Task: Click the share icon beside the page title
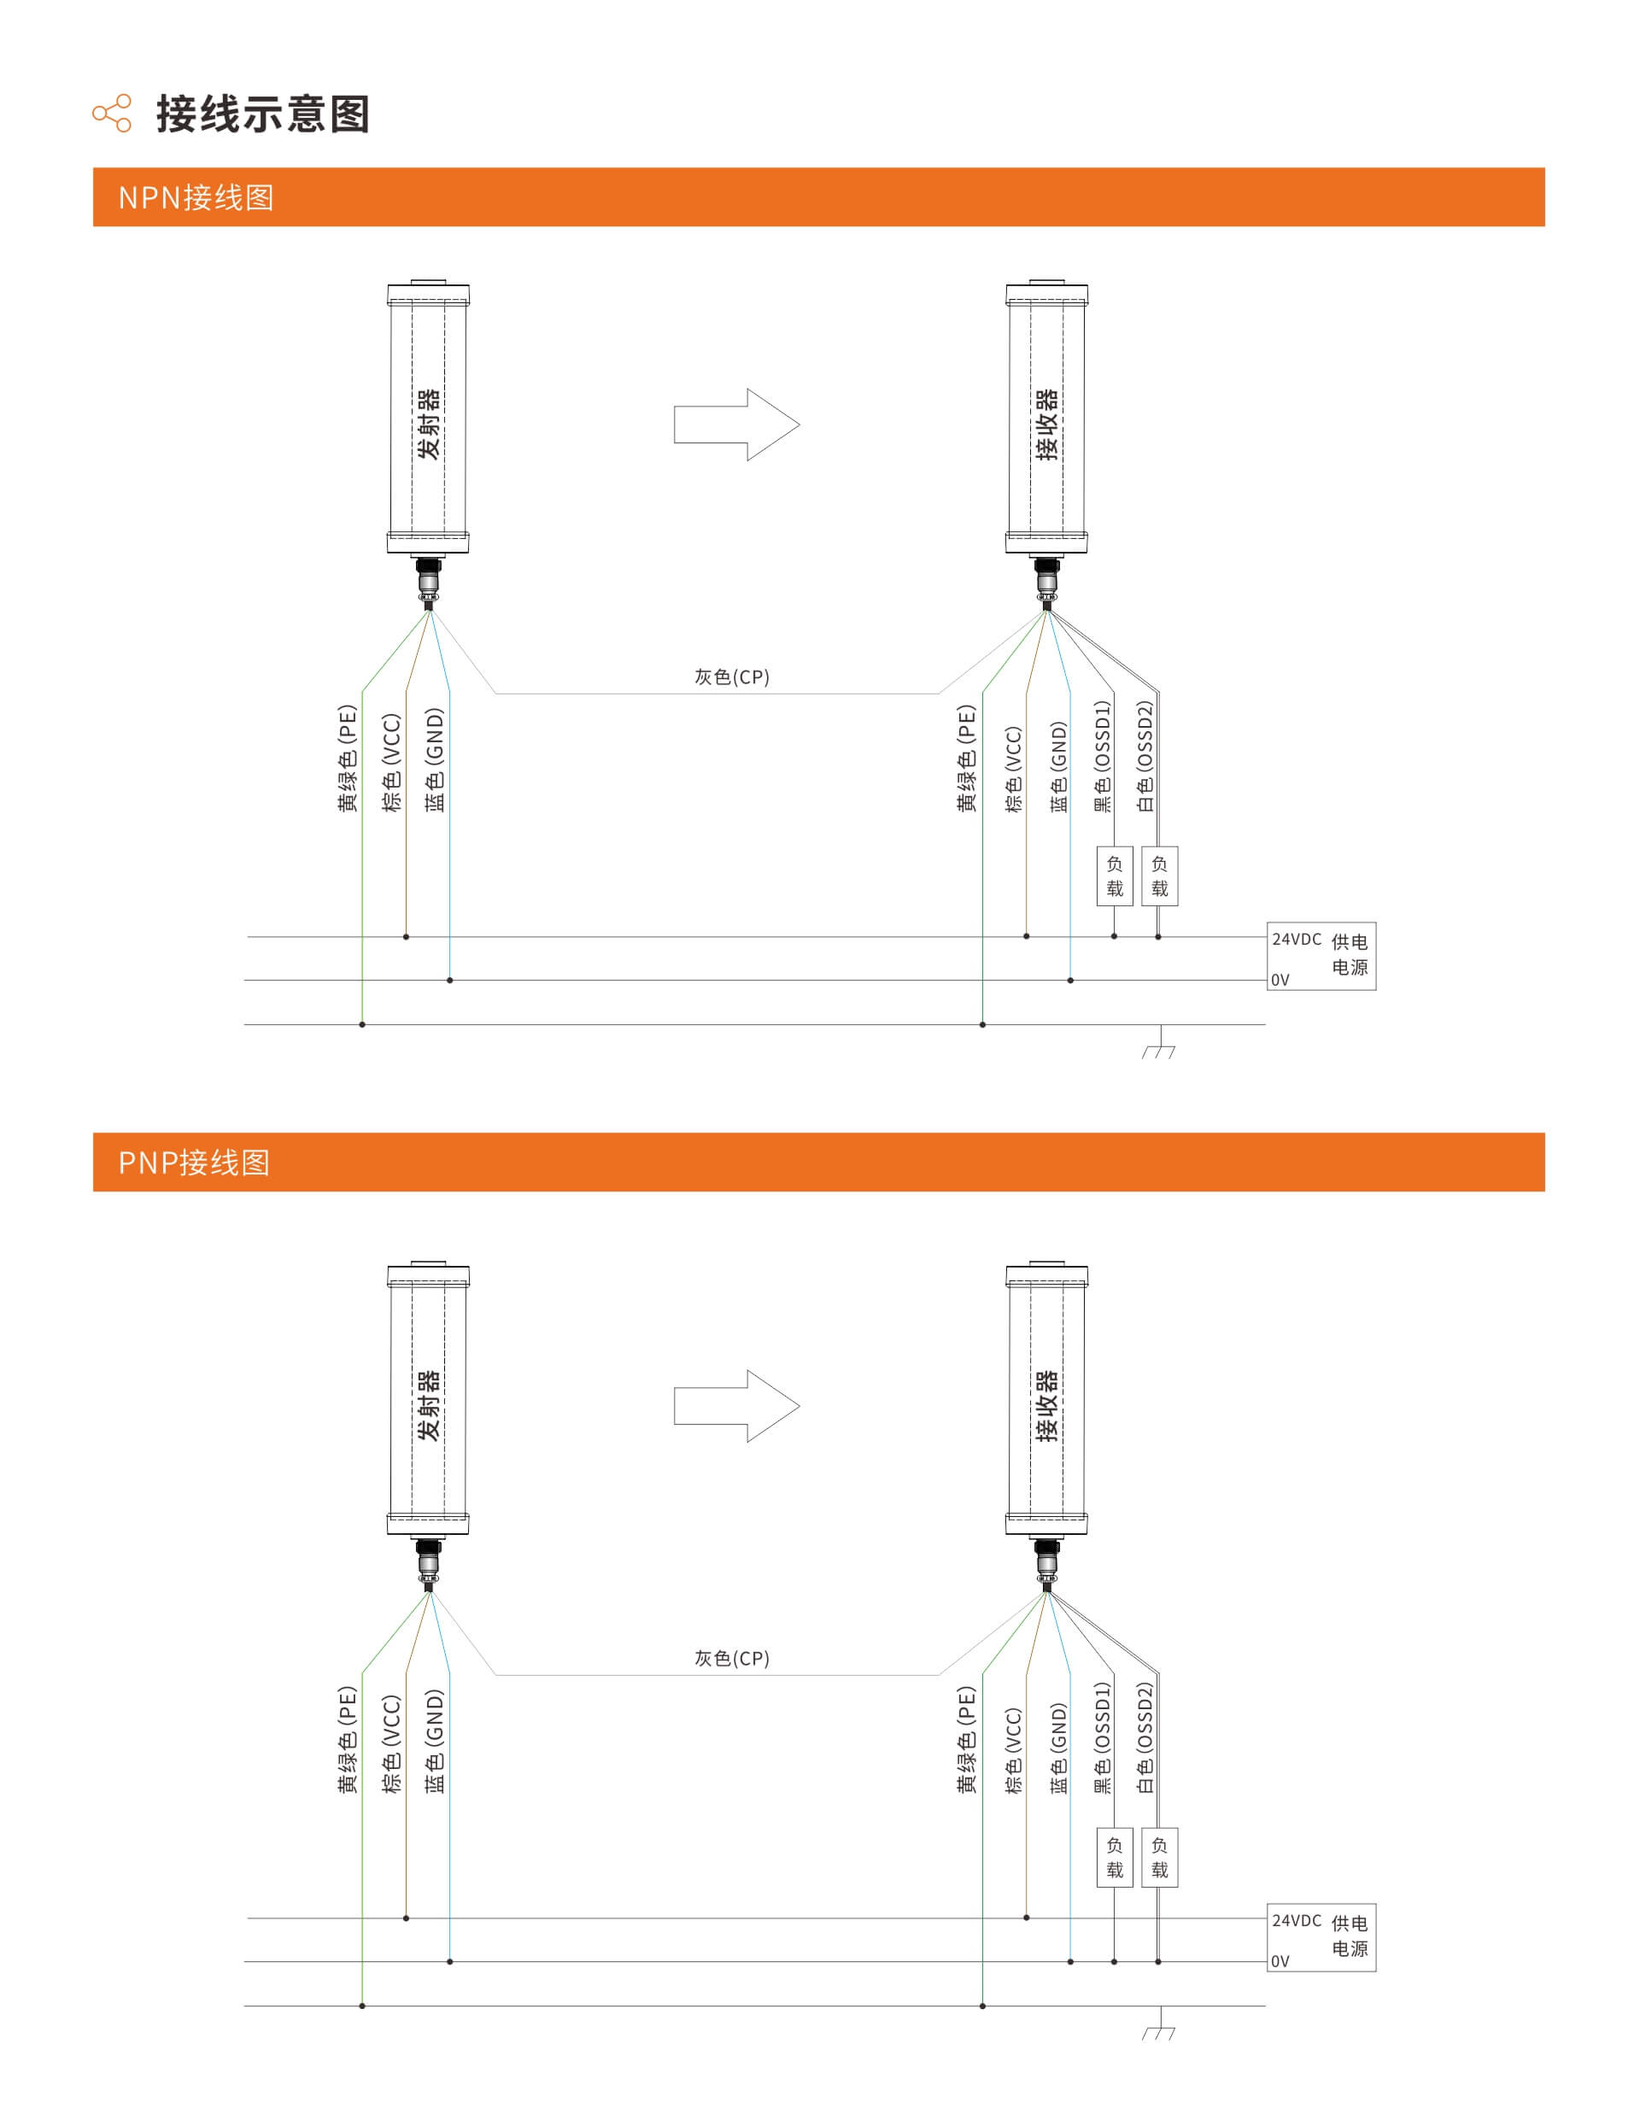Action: (x=112, y=114)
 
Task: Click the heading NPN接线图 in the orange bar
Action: (x=196, y=197)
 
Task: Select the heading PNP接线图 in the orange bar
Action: (x=194, y=1163)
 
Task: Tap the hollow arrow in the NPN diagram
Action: (x=735, y=425)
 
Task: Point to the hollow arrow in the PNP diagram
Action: (x=735, y=1406)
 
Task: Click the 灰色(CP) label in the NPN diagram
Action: (x=731, y=676)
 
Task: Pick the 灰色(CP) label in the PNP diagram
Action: (x=731, y=1658)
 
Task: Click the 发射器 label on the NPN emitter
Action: (x=428, y=424)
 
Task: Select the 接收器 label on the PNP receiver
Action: (x=1046, y=1406)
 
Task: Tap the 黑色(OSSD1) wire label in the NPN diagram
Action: (x=1102, y=757)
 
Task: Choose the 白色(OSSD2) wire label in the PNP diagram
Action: (x=1145, y=1737)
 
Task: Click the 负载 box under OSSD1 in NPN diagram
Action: (x=1115, y=876)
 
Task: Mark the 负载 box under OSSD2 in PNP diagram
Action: (x=1159, y=1857)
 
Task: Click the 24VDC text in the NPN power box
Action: (x=1297, y=940)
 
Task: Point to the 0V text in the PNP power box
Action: (x=1280, y=1961)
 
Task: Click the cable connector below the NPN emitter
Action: (x=428, y=581)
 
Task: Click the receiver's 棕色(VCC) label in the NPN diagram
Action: (x=1013, y=769)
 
